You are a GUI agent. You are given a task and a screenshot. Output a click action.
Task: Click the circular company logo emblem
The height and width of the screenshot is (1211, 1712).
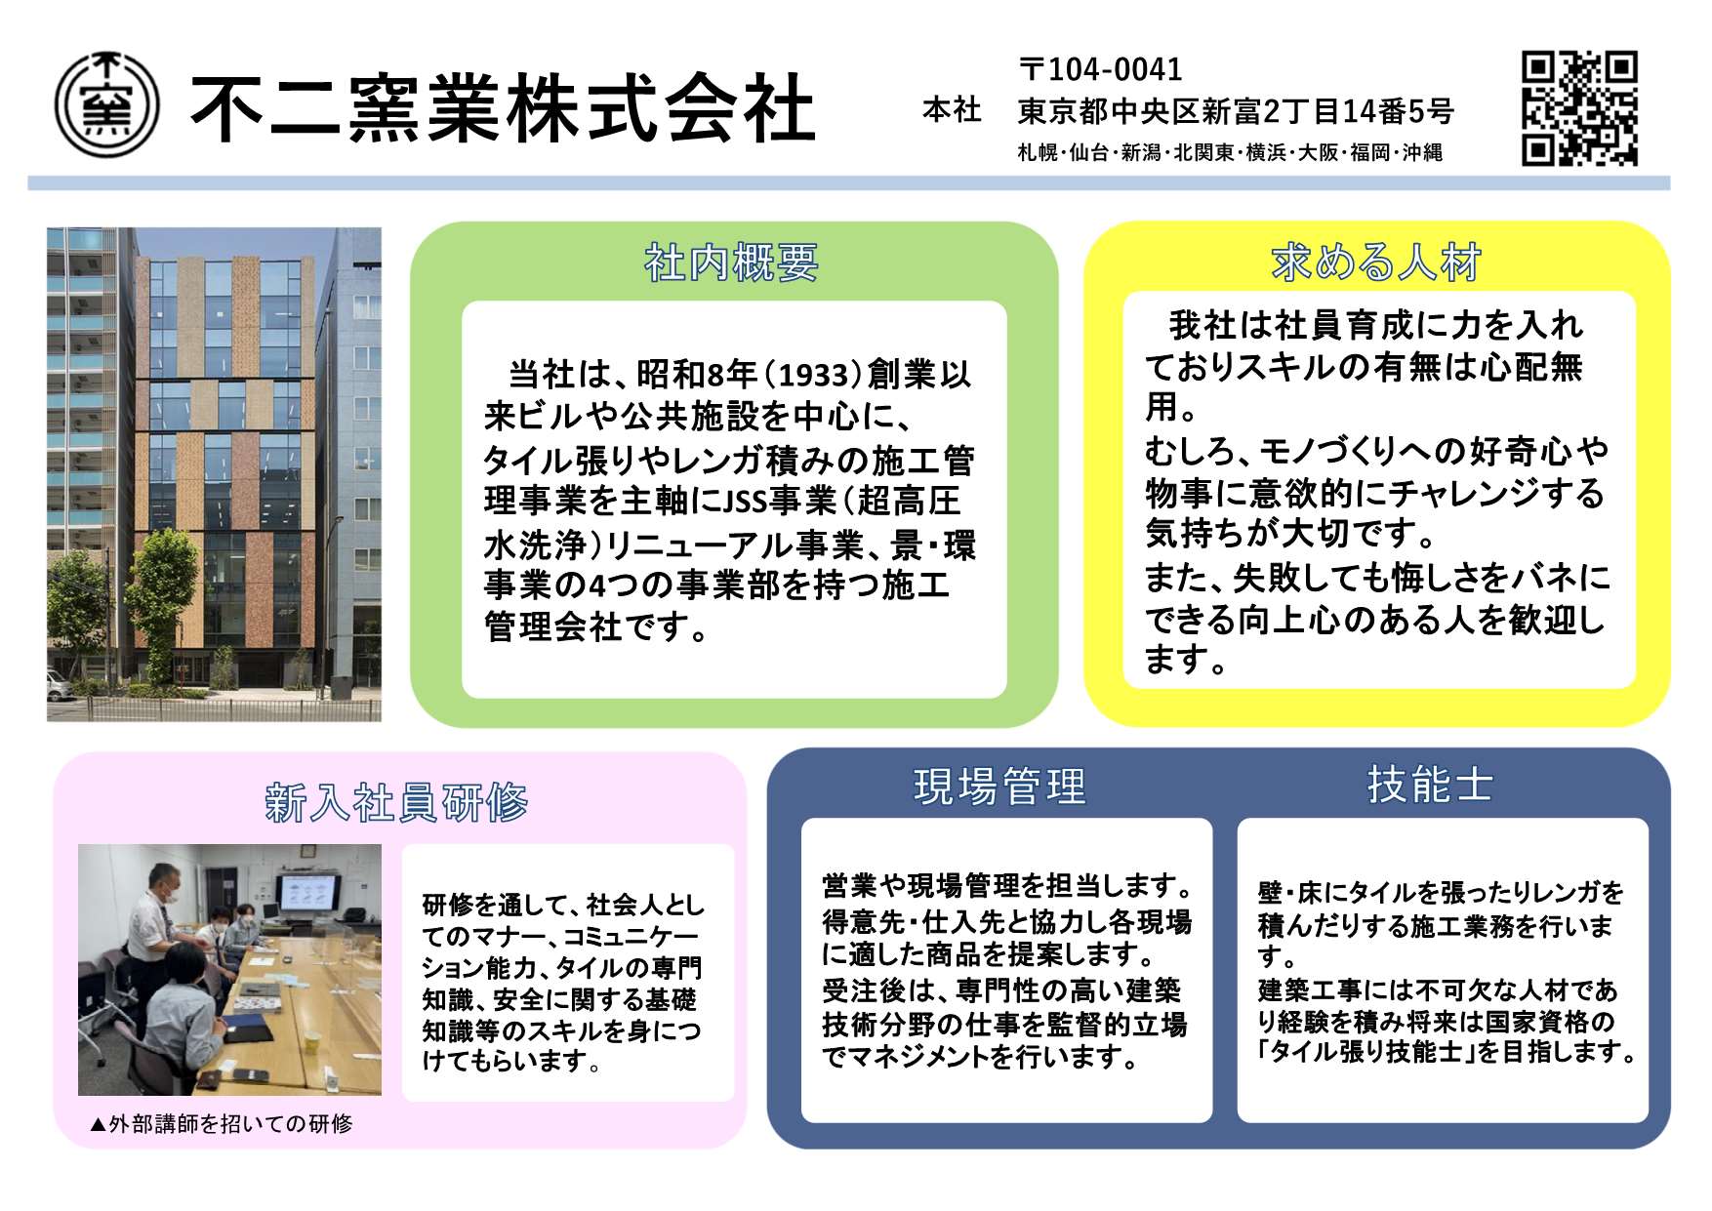tap(106, 105)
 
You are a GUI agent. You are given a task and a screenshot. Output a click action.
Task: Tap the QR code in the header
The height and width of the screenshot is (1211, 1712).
tap(1578, 107)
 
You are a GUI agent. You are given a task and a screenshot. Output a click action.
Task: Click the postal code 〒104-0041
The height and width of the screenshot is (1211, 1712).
tap(1100, 69)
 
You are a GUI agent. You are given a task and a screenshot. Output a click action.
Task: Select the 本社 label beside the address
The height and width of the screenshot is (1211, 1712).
tap(952, 110)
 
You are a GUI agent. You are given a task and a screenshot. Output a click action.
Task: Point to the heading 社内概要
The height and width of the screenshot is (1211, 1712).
tap(731, 263)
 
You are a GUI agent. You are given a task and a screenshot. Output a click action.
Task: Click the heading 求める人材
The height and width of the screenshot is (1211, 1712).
tap(1376, 262)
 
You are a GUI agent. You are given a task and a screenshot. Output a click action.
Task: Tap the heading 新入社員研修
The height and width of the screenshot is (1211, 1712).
tap(396, 803)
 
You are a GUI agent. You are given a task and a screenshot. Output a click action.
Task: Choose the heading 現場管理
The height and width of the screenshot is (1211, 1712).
tap(999, 787)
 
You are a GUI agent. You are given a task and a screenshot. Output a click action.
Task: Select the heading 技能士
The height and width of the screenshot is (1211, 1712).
tap(1431, 785)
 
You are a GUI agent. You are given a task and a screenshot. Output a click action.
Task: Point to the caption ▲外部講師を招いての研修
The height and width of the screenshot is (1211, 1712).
tap(221, 1124)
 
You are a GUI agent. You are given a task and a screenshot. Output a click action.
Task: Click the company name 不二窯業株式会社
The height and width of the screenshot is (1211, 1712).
tap(503, 107)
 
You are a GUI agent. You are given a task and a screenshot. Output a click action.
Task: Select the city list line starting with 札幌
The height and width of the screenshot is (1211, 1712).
tap(1229, 153)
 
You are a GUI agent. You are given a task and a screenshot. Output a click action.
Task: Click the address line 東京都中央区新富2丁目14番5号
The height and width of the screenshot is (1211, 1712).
tap(1236, 112)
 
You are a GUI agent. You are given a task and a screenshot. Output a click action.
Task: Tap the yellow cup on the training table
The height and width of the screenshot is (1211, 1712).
tap(312, 1041)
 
